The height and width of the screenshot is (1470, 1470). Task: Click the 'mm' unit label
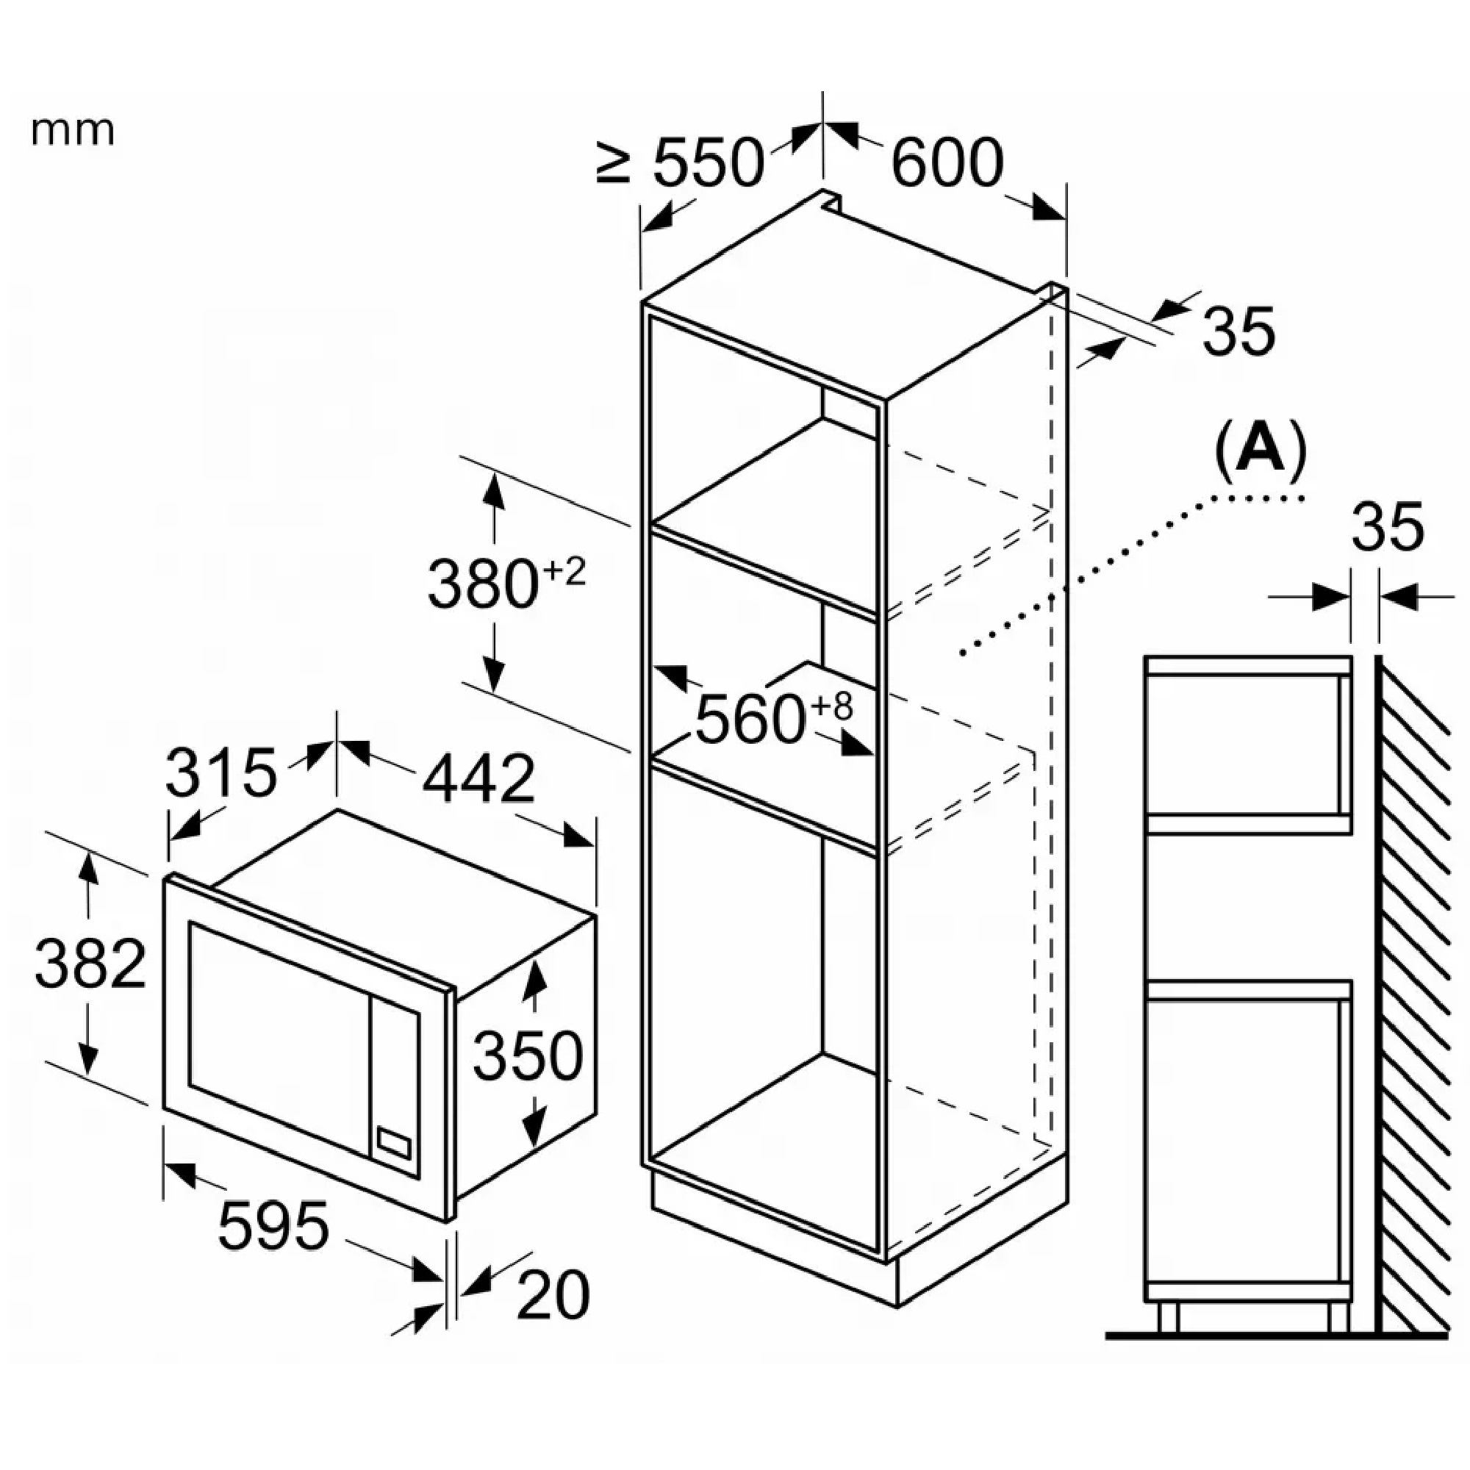click(x=73, y=131)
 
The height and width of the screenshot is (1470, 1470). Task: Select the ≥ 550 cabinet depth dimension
click(x=679, y=162)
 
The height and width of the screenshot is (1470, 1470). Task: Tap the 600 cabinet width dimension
click(x=947, y=162)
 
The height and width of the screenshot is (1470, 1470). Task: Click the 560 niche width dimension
click(x=750, y=719)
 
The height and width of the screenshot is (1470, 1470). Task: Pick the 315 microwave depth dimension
click(x=220, y=773)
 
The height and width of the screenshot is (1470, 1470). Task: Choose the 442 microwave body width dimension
click(x=478, y=779)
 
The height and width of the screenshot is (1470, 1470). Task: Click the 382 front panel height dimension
click(x=90, y=964)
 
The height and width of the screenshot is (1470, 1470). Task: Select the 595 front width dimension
click(x=273, y=1226)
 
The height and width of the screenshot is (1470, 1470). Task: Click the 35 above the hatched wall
click(x=1387, y=526)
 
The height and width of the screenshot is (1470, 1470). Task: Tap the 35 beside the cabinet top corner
click(x=1238, y=331)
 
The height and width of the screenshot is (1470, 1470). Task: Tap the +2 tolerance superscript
click(x=564, y=571)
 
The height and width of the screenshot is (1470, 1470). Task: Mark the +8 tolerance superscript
click(x=831, y=707)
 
